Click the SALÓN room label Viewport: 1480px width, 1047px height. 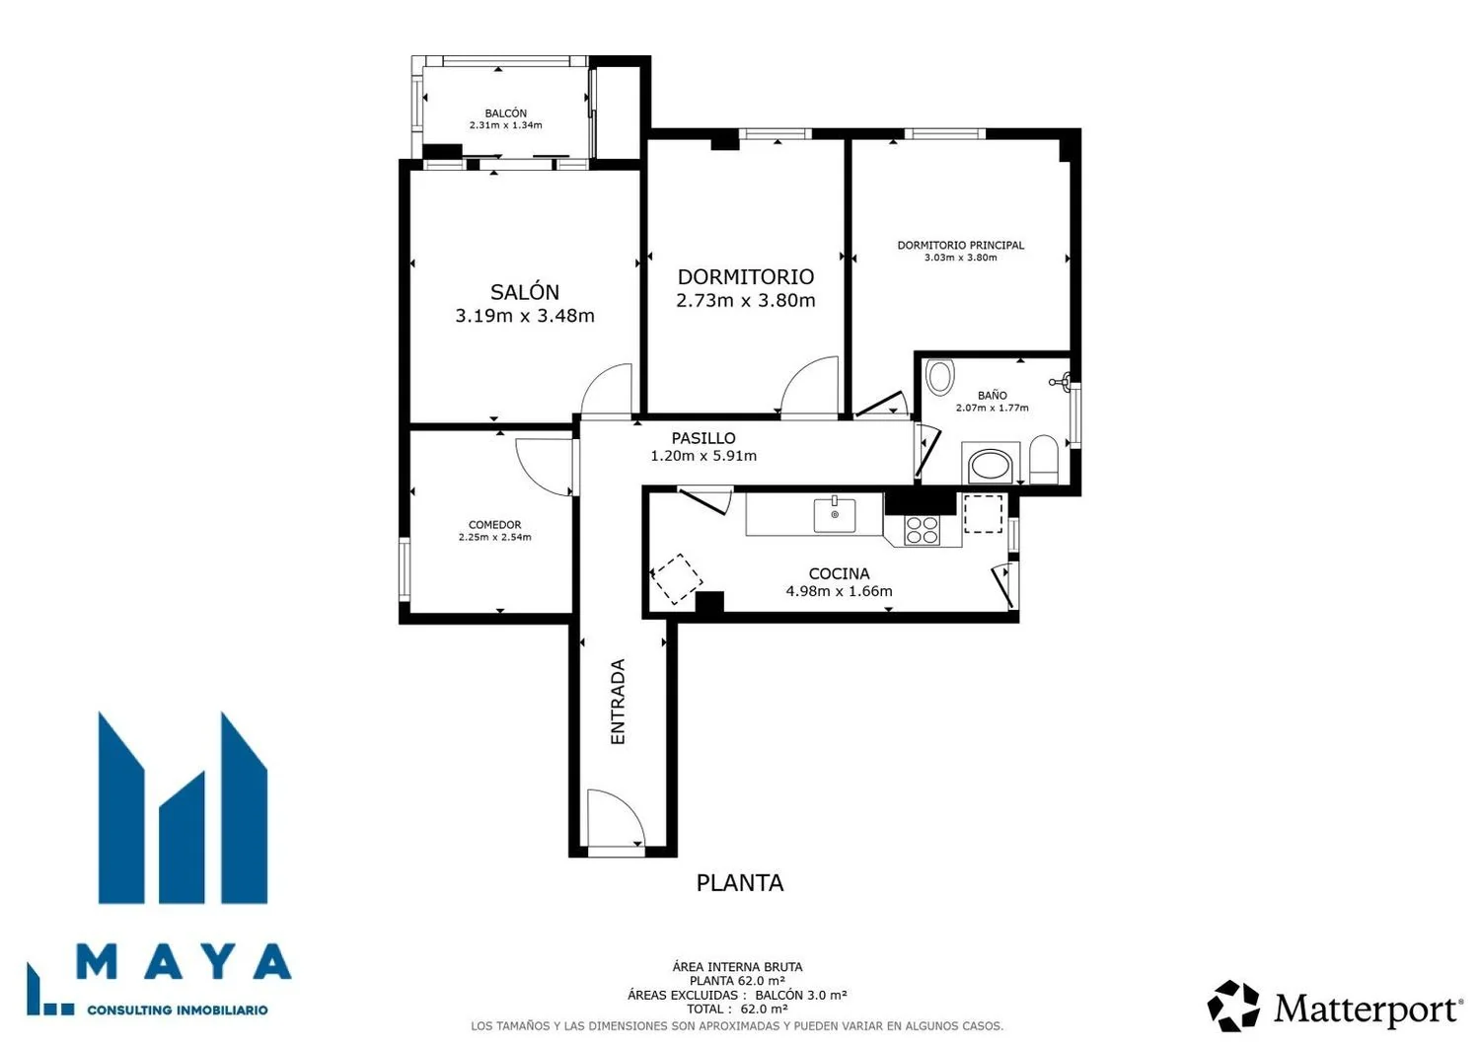[x=525, y=291]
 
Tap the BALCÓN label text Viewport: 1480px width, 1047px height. [x=505, y=113]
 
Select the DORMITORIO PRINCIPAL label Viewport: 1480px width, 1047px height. [x=961, y=246]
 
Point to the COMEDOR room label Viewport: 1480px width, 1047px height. [x=495, y=525]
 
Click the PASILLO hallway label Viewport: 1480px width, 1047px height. [x=703, y=438]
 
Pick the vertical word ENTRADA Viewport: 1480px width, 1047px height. [x=617, y=702]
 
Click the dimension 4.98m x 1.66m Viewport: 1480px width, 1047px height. [x=839, y=591]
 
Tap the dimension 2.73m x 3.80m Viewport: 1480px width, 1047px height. [x=745, y=301]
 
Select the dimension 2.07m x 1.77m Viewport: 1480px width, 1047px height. [x=992, y=408]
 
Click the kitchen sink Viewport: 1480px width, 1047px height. [x=835, y=514]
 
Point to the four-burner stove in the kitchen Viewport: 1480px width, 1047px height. [x=923, y=530]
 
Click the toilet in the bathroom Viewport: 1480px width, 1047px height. [x=1044, y=459]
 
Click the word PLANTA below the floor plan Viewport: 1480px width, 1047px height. [x=740, y=883]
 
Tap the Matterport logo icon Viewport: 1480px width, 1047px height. [x=1233, y=1006]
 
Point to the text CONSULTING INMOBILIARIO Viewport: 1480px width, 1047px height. [x=178, y=1010]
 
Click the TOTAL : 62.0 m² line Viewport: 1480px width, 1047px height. [x=737, y=1009]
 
